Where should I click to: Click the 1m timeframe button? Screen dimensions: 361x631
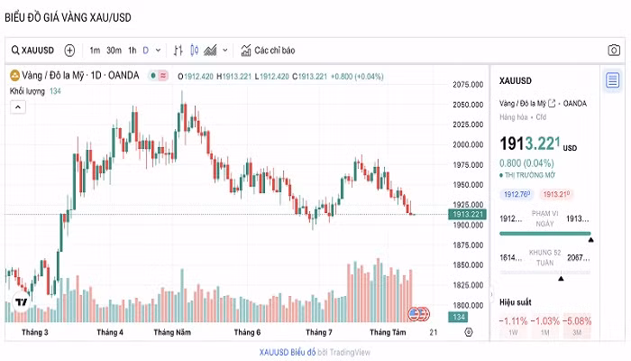[x=95, y=51]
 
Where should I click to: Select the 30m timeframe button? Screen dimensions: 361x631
[x=114, y=51]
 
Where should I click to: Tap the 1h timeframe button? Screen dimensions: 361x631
[x=133, y=51]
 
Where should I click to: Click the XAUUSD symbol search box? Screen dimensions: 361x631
[x=33, y=51]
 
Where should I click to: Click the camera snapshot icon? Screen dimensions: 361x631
[x=613, y=51]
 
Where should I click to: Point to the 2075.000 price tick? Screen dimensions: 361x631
[x=469, y=85]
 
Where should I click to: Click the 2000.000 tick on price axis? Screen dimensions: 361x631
[x=469, y=144]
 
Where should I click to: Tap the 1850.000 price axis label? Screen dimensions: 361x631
[x=469, y=265]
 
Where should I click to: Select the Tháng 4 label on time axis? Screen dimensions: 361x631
[x=110, y=332]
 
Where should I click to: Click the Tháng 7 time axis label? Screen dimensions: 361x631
[x=319, y=332]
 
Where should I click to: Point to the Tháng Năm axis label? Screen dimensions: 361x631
[x=172, y=332]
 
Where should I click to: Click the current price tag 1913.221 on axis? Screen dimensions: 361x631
[x=469, y=214]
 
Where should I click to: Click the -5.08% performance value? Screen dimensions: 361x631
[x=578, y=321]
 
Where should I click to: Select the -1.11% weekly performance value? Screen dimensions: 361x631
[x=514, y=321]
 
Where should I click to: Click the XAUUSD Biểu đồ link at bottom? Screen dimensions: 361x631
[x=287, y=351]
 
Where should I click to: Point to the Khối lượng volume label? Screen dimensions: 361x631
[x=28, y=91]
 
